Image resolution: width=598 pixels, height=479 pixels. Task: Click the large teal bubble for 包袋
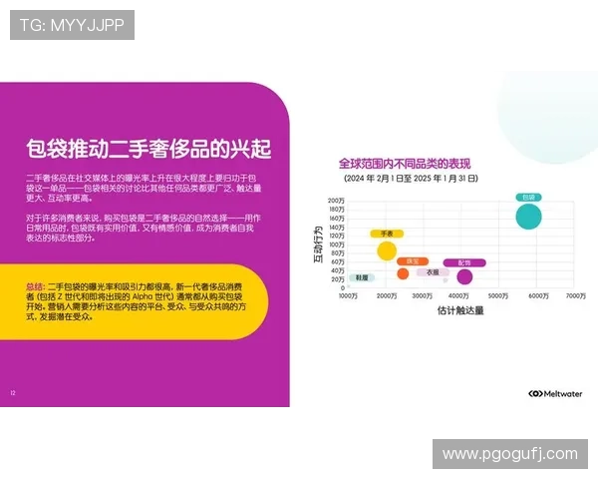pos(529,216)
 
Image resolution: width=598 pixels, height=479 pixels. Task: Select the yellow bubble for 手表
pos(387,249)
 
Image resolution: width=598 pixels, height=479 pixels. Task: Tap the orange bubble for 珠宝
pos(403,273)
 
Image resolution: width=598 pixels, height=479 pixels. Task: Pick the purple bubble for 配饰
pos(463,276)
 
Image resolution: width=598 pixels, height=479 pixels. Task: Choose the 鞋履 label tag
pos(362,277)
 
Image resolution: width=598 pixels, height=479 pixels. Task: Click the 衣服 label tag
pos(432,271)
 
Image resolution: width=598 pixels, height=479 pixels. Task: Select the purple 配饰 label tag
pos(464,262)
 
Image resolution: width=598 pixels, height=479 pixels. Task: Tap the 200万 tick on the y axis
pos(335,201)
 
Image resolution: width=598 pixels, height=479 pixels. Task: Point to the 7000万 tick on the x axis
pos(575,296)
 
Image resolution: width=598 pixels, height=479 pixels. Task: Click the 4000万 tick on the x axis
pos(460,296)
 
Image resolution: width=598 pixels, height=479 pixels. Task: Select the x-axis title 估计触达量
pos(460,311)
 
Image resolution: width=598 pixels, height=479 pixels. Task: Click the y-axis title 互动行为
pos(318,243)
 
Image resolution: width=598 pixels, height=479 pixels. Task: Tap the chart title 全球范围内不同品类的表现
pos(403,163)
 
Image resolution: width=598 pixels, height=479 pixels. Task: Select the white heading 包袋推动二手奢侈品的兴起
pos(149,150)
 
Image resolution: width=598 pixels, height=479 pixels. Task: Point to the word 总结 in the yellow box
pos(35,286)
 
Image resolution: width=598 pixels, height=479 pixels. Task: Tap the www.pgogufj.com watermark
pos(509,454)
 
